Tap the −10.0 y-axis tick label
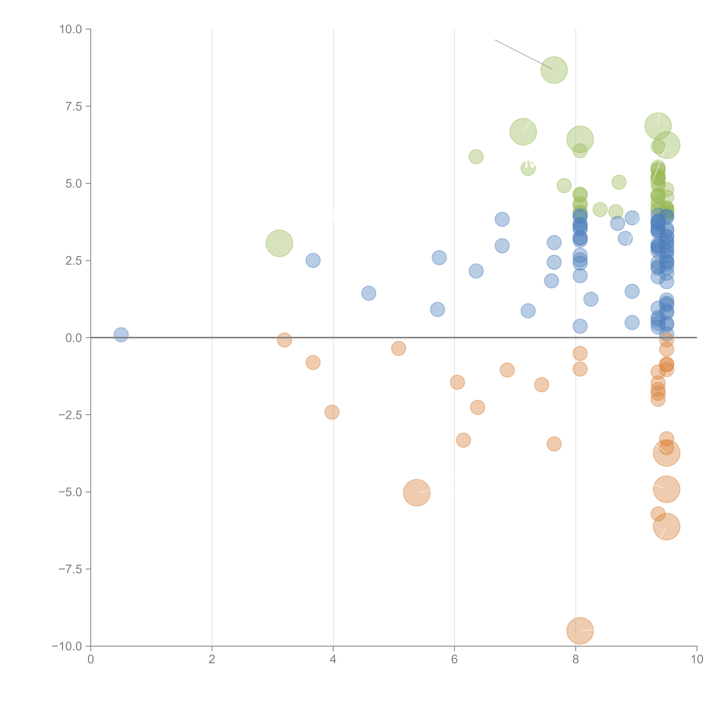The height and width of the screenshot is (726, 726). (x=67, y=646)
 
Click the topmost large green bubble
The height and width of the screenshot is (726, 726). (x=554, y=70)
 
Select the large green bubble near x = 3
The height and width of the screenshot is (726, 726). (x=279, y=243)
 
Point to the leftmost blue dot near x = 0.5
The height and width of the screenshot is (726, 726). (x=121, y=334)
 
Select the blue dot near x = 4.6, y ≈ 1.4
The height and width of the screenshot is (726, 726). (x=369, y=293)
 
